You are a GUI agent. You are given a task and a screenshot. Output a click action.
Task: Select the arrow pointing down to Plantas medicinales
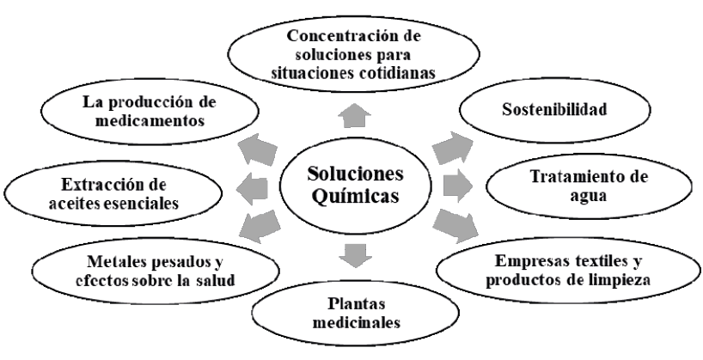[x=352, y=255]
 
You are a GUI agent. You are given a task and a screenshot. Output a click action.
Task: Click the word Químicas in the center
[x=354, y=197]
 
